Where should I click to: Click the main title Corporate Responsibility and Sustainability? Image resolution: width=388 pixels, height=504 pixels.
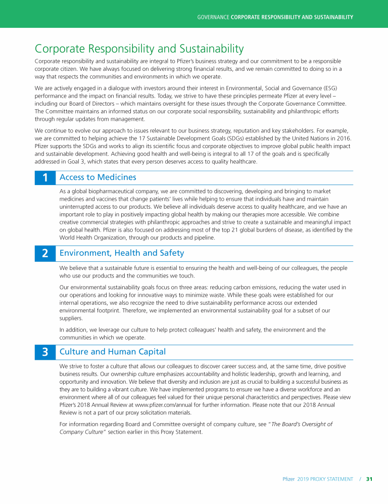pyautogui.click(x=139, y=49)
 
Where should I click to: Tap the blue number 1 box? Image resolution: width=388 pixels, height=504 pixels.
pyautogui.click(x=45, y=178)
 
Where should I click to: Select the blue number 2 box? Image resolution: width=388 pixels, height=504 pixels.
pyautogui.click(x=45, y=253)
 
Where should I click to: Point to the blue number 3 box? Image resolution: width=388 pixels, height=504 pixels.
pyautogui.click(x=45, y=352)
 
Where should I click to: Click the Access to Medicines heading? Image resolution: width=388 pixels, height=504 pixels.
pyautogui.click(x=98, y=177)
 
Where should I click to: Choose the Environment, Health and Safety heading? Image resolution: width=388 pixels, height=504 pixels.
pyautogui.click(x=122, y=253)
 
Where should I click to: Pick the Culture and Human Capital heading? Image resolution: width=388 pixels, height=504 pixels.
pyautogui.click(x=113, y=351)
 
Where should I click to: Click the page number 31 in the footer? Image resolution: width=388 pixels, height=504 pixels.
pyautogui.click(x=369, y=479)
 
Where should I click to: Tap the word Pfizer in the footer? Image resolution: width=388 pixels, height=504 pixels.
pyautogui.click(x=288, y=479)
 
